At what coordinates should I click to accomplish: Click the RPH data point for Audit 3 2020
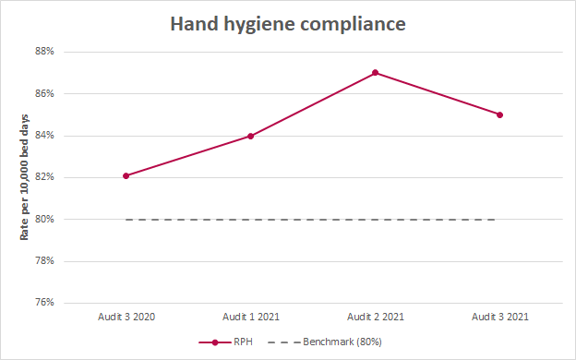[x=126, y=175]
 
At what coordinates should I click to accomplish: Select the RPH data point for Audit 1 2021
[x=250, y=136]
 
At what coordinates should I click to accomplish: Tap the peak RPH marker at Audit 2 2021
[x=376, y=72]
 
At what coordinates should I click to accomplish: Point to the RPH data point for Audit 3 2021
[x=499, y=114]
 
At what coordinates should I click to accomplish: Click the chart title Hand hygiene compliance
[x=288, y=24]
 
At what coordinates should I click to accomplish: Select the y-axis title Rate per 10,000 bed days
[x=25, y=176]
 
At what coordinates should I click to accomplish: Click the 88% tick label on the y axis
[x=44, y=52]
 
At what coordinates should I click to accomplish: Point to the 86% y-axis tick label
[x=44, y=93]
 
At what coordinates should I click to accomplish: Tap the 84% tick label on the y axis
[x=44, y=136]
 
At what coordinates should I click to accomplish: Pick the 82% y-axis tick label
[x=44, y=177]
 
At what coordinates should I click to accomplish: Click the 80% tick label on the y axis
[x=44, y=219]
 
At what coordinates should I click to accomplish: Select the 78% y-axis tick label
[x=44, y=261]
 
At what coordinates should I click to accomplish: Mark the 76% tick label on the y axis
[x=44, y=303]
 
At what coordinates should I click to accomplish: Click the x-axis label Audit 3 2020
[x=126, y=317]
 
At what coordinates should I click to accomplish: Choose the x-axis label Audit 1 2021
[x=250, y=317]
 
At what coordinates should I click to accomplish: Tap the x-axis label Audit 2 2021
[x=375, y=317]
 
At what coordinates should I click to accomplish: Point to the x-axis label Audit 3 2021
[x=499, y=317]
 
